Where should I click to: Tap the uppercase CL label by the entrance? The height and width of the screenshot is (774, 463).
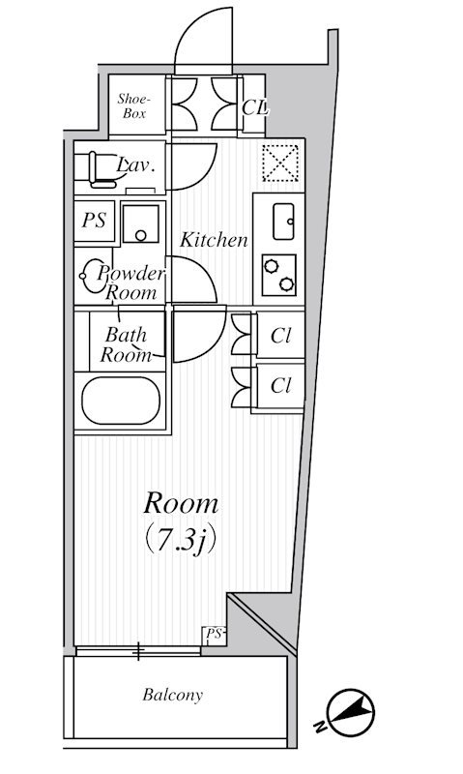click(x=254, y=107)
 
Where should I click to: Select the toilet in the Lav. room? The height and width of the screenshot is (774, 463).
click(x=101, y=170)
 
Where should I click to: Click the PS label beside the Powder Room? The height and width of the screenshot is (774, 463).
click(x=94, y=221)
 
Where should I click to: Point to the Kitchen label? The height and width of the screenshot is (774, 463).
click(x=214, y=240)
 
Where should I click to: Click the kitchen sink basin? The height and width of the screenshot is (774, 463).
click(x=283, y=222)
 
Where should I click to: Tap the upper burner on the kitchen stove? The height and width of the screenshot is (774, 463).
click(x=271, y=266)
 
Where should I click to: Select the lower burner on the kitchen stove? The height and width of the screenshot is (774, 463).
click(x=286, y=283)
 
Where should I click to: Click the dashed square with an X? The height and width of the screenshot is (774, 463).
click(x=280, y=163)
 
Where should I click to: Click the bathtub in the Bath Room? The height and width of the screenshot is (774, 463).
click(x=121, y=401)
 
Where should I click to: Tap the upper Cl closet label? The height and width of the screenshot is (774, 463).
click(x=280, y=336)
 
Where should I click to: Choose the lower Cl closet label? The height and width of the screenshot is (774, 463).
click(x=280, y=385)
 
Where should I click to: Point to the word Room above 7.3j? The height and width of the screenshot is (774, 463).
click(x=181, y=504)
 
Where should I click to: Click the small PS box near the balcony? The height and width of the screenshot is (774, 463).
click(x=215, y=636)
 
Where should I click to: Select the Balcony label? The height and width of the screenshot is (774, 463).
click(x=173, y=695)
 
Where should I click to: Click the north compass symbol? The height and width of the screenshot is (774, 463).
click(x=349, y=713)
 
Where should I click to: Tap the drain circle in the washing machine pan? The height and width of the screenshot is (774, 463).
click(x=141, y=236)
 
